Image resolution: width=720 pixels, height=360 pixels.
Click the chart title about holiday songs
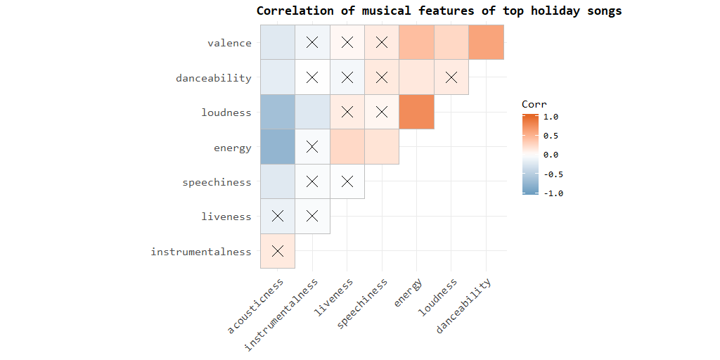(439, 11)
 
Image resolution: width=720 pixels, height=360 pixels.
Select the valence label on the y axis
(229, 43)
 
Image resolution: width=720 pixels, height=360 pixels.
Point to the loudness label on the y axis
(226, 112)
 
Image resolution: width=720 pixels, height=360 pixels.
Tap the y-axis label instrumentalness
(200, 251)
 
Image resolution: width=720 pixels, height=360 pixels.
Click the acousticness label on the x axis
(257, 305)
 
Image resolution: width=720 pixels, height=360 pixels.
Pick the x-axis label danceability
(465, 305)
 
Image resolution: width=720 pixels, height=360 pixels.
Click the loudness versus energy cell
(416, 112)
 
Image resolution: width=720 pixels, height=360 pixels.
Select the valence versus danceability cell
(486, 43)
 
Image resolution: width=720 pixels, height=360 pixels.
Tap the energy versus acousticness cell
(278, 147)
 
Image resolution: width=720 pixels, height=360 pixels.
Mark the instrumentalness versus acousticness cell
(278, 251)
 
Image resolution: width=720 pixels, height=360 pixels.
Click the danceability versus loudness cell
(451, 77)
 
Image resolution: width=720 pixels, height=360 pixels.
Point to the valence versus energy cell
(416, 43)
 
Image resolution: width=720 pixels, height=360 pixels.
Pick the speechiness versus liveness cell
(347, 181)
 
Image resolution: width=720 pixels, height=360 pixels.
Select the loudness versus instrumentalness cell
(312, 112)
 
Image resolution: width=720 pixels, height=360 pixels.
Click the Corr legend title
(534, 104)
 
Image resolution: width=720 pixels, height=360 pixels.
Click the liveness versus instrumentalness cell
(312, 216)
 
